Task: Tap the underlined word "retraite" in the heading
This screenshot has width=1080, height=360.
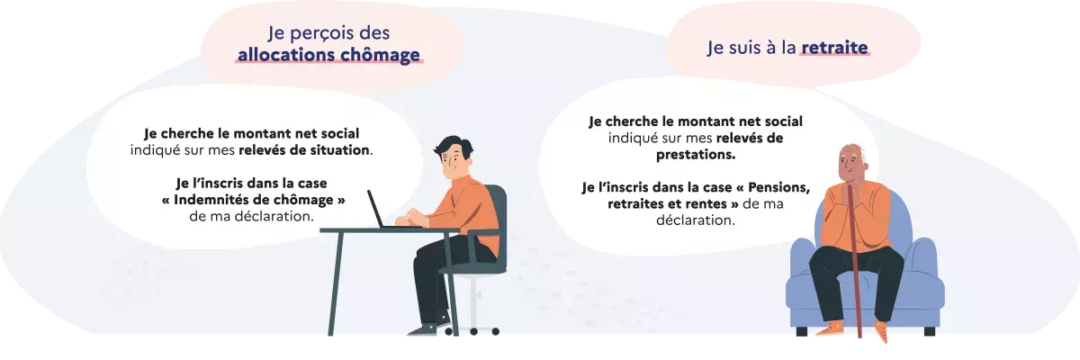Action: tap(836, 47)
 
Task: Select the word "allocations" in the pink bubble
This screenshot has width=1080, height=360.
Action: tap(279, 56)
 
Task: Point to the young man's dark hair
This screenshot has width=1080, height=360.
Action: tap(452, 146)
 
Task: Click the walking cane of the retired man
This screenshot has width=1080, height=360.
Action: tap(852, 270)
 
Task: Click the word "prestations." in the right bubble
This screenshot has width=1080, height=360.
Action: tap(696, 154)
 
